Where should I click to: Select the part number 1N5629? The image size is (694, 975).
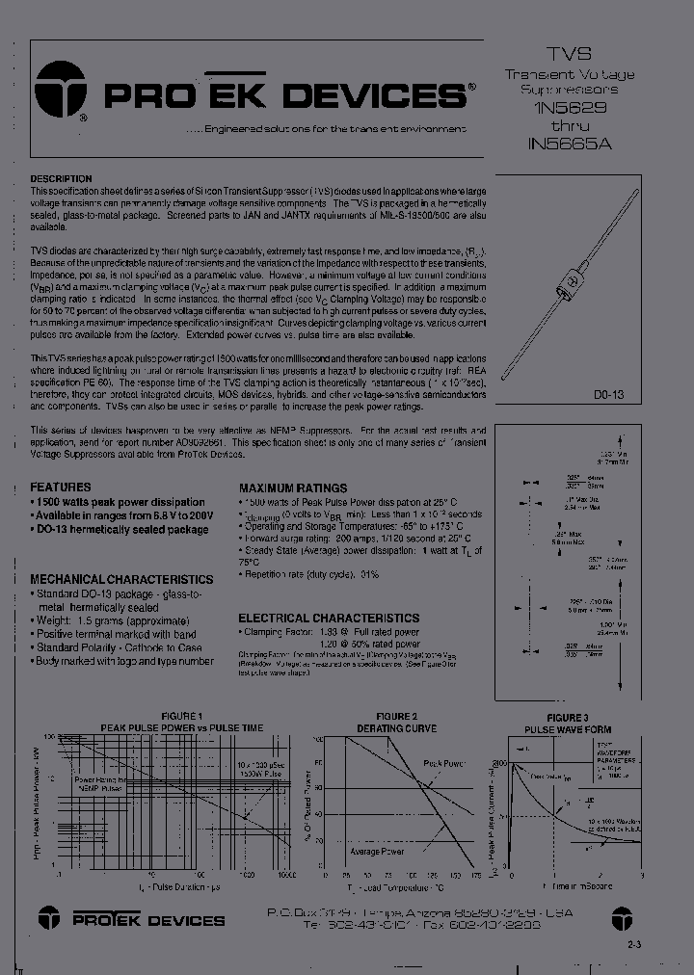569,109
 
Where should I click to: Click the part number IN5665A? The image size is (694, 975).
569,145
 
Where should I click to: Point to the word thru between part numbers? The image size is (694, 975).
569,127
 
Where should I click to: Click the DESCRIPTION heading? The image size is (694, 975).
61,179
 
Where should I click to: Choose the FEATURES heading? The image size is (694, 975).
61,487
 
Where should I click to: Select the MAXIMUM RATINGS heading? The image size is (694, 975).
291,488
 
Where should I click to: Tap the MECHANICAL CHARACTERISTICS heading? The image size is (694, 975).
121,580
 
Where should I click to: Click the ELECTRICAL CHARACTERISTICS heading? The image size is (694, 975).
329,618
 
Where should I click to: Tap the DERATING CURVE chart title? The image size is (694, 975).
396,728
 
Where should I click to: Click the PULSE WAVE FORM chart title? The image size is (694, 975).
567,730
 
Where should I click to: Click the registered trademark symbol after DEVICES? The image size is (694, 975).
470,86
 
